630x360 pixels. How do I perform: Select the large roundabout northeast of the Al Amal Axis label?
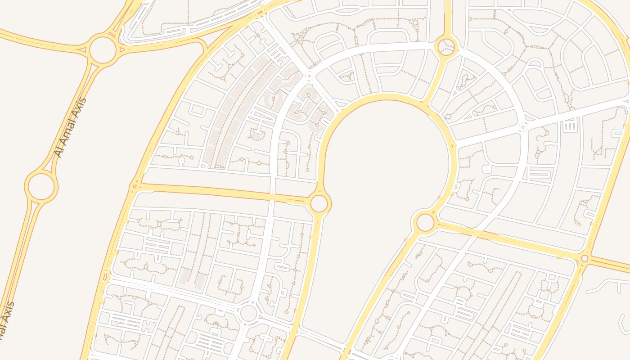coord(103,50)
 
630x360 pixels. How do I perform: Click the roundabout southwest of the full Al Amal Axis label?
coord(41,186)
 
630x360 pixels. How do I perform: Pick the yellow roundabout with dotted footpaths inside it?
coord(446,46)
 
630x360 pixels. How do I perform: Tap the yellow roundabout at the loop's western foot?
coord(319,203)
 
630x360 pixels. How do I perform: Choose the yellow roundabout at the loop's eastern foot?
coord(425,222)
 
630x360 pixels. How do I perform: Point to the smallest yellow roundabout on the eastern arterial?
coord(585,258)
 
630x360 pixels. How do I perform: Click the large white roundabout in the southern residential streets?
coord(248,313)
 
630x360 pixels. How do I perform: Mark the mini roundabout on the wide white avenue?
coord(522,127)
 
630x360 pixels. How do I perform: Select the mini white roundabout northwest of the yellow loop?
coord(308,75)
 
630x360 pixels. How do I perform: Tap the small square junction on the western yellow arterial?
coord(134,185)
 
